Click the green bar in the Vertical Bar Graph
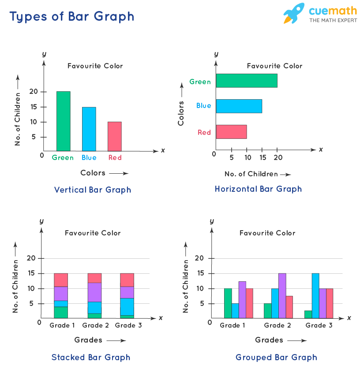click(63, 121)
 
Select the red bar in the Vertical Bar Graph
click(115, 136)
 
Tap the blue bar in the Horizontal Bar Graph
click(239, 106)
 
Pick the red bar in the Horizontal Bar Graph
click(231, 132)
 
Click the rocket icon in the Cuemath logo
click(293, 14)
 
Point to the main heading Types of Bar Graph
click(72, 17)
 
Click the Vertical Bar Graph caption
click(93, 190)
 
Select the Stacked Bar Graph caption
click(91, 357)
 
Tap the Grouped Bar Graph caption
click(276, 357)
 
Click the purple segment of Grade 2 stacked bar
click(94, 292)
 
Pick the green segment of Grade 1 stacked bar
click(61, 312)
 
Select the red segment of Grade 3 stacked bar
click(127, 280)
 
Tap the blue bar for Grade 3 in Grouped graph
click(315, 295)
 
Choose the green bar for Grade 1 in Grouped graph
click(228, 303)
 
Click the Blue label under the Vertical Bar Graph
click(89, 158)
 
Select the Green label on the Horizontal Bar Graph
click(200, 82)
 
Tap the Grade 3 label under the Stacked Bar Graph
click(127, 325)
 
